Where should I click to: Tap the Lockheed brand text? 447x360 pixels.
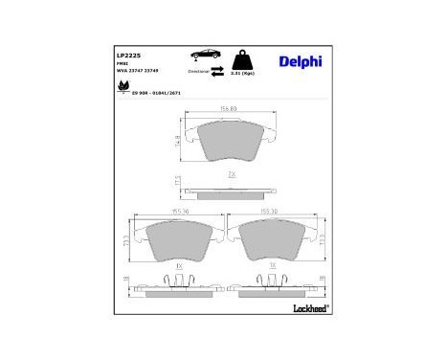click(305, 307)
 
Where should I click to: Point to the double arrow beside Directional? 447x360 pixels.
click(217, 72)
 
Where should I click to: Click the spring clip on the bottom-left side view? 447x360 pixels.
click(179, 278)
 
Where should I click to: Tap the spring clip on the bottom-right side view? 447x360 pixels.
click(273, 278)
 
